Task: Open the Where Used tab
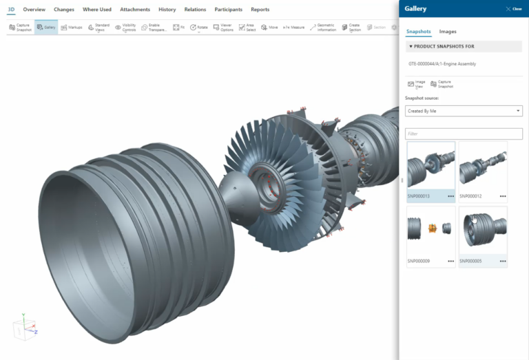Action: tap(97, 10)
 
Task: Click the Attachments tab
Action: tap(135, 10)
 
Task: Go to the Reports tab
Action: tap(260, 10)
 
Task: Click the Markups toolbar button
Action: tap(72, 28)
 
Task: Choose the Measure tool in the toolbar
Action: tap(293, 28)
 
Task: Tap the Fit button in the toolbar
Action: tap(178, 28)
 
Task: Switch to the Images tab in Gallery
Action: tap(448, 32)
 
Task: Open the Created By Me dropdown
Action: tap(463, 111)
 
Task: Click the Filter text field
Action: tap(463, 134)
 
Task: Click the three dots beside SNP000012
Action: tap(503, 196)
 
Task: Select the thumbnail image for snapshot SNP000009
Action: tap(431, 231)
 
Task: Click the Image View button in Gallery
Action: tap(416, 84)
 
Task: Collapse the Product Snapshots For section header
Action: tap(411, 47)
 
